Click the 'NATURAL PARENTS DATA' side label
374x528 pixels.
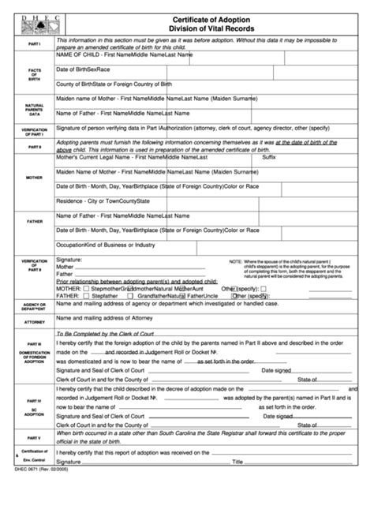pyautogui.click(x=34, y=109)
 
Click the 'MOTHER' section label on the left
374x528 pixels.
pyautogui.click(x=34, y=178)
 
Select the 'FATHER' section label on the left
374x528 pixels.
pyautogui.click(x=34, y=222)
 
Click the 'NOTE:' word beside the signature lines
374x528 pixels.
pyautogui.click(x=236, y=261)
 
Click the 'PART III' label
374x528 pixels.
pyautogui.click(x=34, y=345)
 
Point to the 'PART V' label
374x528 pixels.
pyautogui.click(x=34, y=459)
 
